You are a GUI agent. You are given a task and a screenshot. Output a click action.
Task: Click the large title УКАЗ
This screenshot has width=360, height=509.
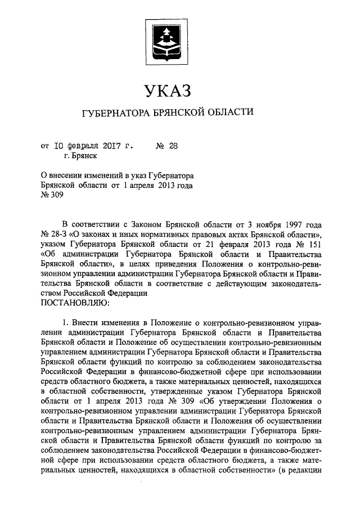pyautogui.click(x=168, y=90)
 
